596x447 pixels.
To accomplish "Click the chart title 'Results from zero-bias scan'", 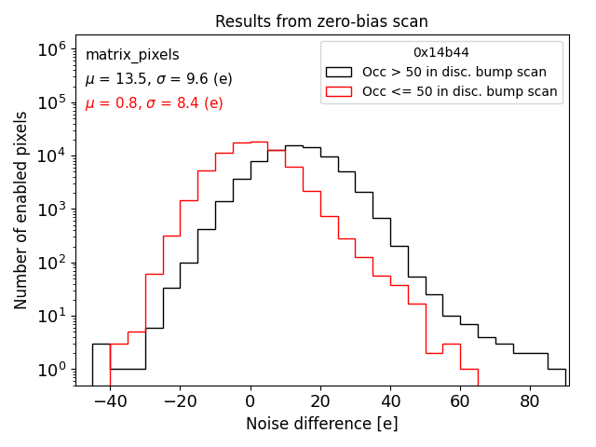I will (x=321, y=21).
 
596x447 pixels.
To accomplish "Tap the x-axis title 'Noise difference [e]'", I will (x=321, y=424).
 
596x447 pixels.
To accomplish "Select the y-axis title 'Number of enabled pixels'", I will (x=21, y=210).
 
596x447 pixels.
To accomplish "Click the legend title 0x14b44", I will (x=441, y=52).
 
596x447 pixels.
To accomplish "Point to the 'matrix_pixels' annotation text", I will (x=132, y=55).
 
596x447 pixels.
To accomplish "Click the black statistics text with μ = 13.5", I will (x=159, y=79).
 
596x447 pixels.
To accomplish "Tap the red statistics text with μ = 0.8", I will (x=154, y=103).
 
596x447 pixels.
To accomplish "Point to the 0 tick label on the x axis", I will (x=250, y=401).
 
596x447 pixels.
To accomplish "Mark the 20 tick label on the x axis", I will (x=319, y=401).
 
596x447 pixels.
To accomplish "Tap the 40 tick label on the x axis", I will (x=389, y=401).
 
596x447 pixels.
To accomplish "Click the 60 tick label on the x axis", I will (x=459, y=401).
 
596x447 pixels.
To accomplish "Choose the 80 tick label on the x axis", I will (x=529, y=401).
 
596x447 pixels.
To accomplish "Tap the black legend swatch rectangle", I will (x=338, y=72).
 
